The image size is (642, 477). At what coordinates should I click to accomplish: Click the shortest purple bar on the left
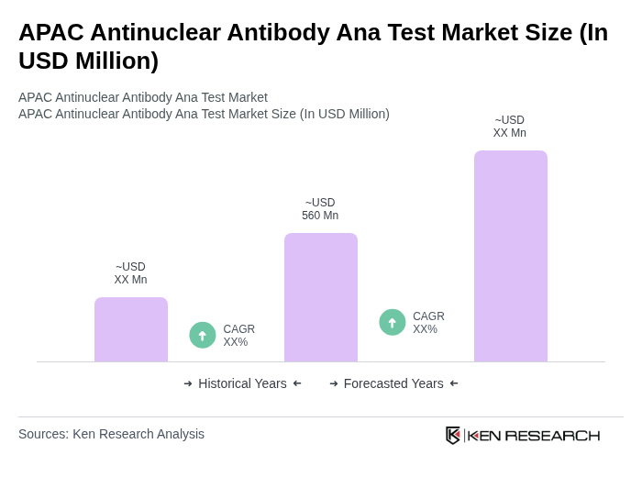pyautogui.click(x=130, y=329)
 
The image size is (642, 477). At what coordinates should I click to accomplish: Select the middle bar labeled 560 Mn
pyautogui.click(x=320, y=297)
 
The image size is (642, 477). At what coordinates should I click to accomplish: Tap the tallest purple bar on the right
pyautogui.click(x=510, y=256)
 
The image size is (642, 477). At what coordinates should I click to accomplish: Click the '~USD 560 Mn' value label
pyautogui.click(x=320, y=209)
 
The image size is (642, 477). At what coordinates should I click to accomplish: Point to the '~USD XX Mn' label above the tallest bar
pyautogui.click(x=510, y=127)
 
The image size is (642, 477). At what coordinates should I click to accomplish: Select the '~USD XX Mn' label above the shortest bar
pyautogui.click(x=130, y=273)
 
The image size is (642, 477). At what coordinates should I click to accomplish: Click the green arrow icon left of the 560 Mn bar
pyautogui.click(x=203, y=336)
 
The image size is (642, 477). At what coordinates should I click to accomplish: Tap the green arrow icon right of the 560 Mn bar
pyautogui.click(x=393, y=323)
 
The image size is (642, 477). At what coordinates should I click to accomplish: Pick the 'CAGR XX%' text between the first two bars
pyautogui.click(x=238, y=336)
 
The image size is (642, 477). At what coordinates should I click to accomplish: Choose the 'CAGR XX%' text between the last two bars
pyautogui.click(x=428, y=323)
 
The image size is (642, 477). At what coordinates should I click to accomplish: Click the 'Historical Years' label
pyautogui.click(x=242, y=383)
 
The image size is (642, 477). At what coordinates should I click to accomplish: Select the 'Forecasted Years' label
pyautogui.click(x=393, y=383)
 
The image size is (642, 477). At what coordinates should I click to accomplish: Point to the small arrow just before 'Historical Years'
pyautogui.click(x=188, y=383)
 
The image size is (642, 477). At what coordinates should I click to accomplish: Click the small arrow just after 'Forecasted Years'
pyautogui.click(x=454, y=383)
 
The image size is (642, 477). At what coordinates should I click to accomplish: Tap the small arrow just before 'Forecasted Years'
pyautogui.click(x=334, y=383)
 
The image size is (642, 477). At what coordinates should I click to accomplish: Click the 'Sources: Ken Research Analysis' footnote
pyautogui.click(x=111, y=434)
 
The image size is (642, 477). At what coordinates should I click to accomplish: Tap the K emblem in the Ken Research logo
pyautogui.click(x=453, y=435)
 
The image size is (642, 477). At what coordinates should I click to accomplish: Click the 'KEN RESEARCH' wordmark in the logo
pyautogui.click(x=534, y=435)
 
